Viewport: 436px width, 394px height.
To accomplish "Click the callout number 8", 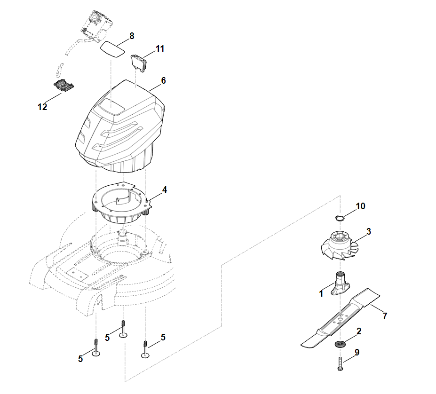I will coord(131,36).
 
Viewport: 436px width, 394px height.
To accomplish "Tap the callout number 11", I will coord(160,48).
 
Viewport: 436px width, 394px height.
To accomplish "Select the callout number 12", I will coord(42,107).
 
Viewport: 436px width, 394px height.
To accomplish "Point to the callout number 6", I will coord(163,80).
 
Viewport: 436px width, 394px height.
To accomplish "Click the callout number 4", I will coord(164,189).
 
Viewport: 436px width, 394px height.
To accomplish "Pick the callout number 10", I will coord(360,206).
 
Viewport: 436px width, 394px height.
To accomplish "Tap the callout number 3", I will coord(369,231).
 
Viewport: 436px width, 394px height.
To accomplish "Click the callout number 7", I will coord(385,316).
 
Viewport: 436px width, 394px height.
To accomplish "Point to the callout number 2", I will coord(358,331).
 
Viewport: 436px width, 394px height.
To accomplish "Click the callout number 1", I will coord(321,294).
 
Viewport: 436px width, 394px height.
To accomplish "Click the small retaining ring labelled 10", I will coord(340,217).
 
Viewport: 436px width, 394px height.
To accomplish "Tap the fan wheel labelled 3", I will coord(340,244).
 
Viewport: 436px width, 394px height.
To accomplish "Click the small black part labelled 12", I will coord(64,86).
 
